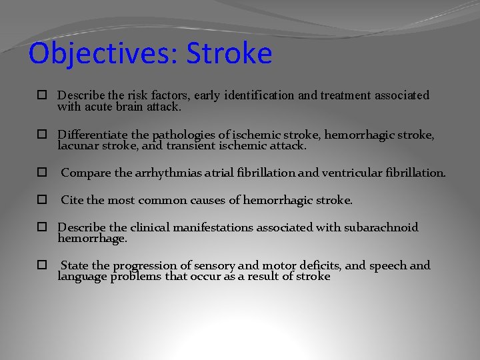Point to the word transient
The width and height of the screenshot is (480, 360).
[165, 145]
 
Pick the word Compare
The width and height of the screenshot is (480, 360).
[86, 173]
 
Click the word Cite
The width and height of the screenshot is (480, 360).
[72, 200]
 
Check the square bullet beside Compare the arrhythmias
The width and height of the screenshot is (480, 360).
[41, 173]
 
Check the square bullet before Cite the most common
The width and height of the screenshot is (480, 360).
[41, 200]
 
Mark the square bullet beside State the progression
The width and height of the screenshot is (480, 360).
[41, 265]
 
